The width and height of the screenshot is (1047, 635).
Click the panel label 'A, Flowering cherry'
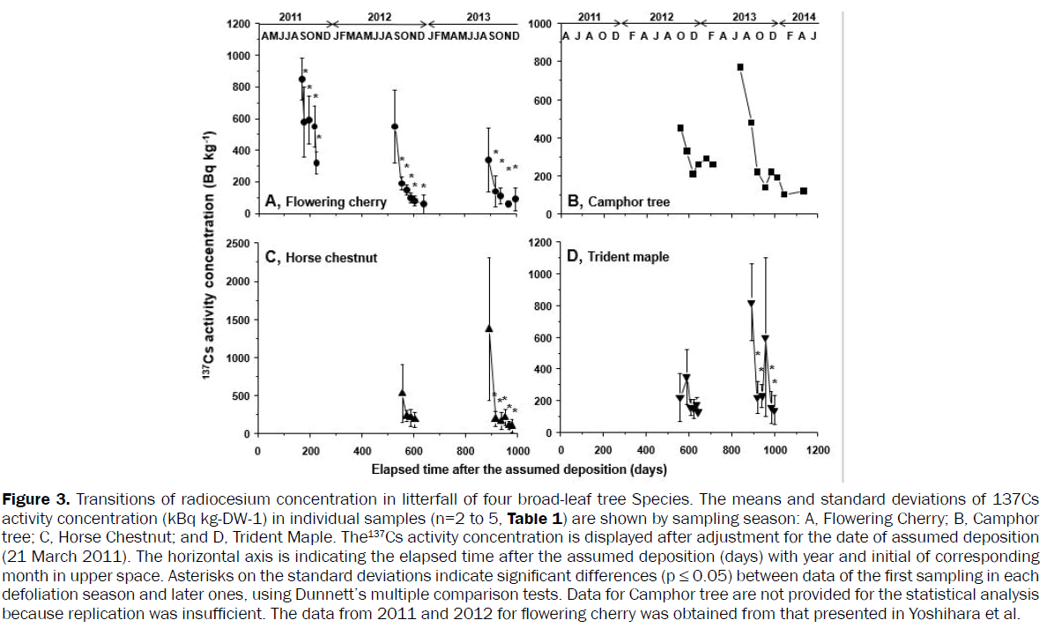[x=325, y=202]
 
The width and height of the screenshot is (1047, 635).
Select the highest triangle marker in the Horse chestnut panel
[x=489, y=329]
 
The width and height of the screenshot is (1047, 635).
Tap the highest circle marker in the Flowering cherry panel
[x=301, y=79]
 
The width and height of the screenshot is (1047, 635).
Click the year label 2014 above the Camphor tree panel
[x=803, y=17]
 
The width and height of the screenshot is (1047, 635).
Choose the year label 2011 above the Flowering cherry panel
[x=290, y=17]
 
